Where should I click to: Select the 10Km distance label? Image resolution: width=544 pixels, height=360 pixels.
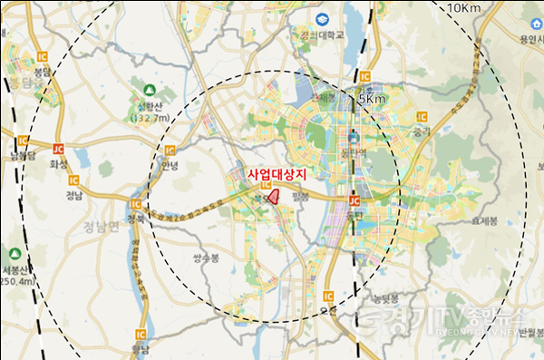tap(463, 8)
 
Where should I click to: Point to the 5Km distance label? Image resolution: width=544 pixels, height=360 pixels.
tap(373, 98)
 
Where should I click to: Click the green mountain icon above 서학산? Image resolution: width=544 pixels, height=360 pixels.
tap(150, 89)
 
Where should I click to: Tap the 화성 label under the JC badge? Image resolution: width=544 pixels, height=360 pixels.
tap(59, 164)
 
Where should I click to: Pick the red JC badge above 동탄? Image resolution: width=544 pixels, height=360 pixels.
tap(355, 200)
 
